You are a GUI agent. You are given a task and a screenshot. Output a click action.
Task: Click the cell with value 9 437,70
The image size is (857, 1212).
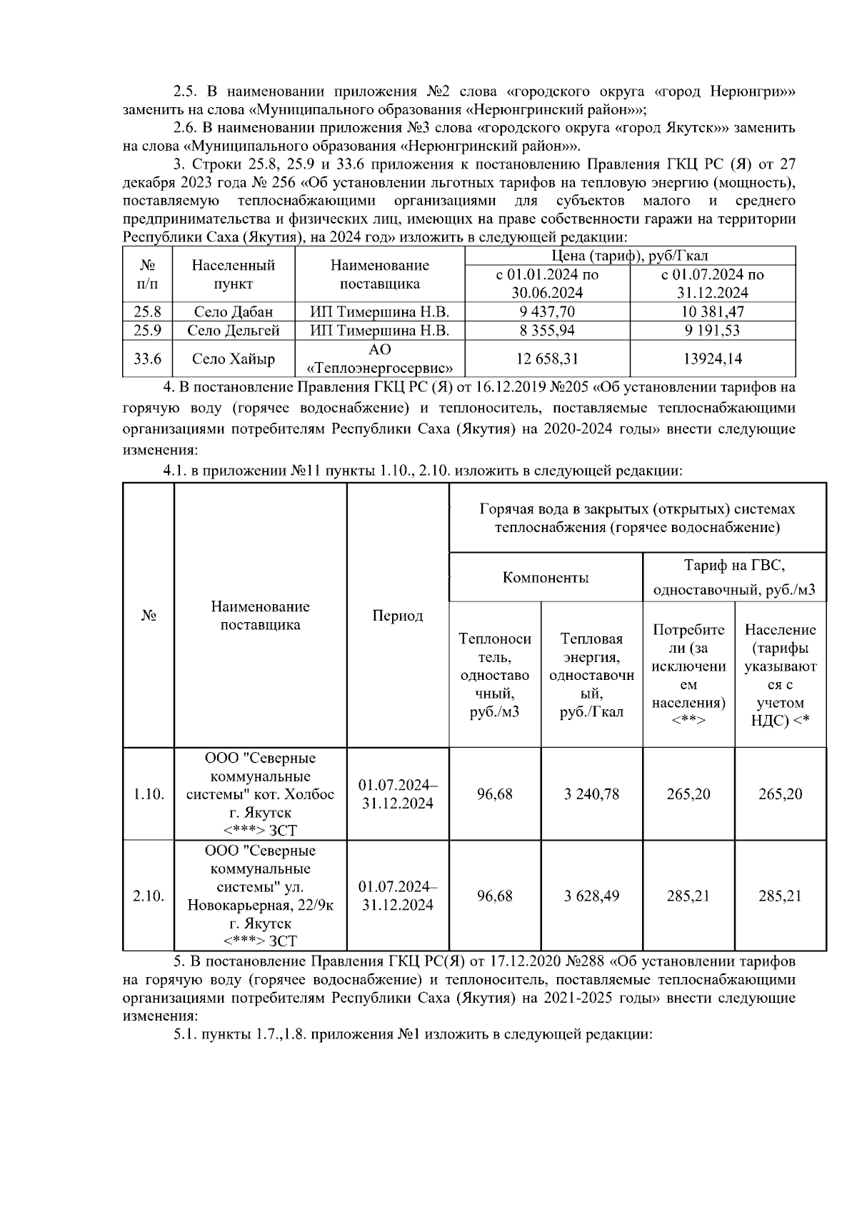point(548,311)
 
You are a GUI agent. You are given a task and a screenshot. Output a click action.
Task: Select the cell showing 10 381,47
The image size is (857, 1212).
point(713,311)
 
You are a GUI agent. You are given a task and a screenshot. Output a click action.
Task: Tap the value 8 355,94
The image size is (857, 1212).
point(548,330)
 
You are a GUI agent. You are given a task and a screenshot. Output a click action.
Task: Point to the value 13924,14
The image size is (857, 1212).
point(713,359)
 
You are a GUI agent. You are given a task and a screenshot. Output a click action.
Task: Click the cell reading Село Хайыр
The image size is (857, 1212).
point(234,359)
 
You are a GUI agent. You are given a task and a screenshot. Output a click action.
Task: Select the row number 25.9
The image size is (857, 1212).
point(148,330)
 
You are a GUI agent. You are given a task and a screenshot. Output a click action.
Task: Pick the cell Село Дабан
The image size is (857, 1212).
point(234,311)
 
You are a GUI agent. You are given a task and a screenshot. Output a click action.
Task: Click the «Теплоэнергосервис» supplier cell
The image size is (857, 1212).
point(380,359)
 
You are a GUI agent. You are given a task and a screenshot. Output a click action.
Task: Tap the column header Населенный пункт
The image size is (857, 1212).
point(234,274)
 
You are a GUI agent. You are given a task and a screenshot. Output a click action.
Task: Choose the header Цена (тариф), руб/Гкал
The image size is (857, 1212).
point(630,256)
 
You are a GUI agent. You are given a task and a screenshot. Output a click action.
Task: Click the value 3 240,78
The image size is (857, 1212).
point(591,793)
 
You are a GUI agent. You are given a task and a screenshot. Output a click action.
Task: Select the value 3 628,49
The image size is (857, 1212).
point(591,896)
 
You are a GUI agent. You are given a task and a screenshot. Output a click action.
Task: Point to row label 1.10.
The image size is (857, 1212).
point(149,793)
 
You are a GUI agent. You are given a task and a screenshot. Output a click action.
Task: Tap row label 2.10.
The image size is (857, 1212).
point(149,896)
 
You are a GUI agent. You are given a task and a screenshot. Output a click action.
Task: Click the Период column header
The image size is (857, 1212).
point(398,616)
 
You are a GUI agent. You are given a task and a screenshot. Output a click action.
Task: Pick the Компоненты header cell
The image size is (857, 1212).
point(546,578)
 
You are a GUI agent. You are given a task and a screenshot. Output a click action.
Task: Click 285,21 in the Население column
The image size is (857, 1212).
point(780,896)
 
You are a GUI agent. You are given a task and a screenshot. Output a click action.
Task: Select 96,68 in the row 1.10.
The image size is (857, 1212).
point(495,793)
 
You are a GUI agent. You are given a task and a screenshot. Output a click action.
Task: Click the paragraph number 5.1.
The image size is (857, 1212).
point(186,1034)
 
